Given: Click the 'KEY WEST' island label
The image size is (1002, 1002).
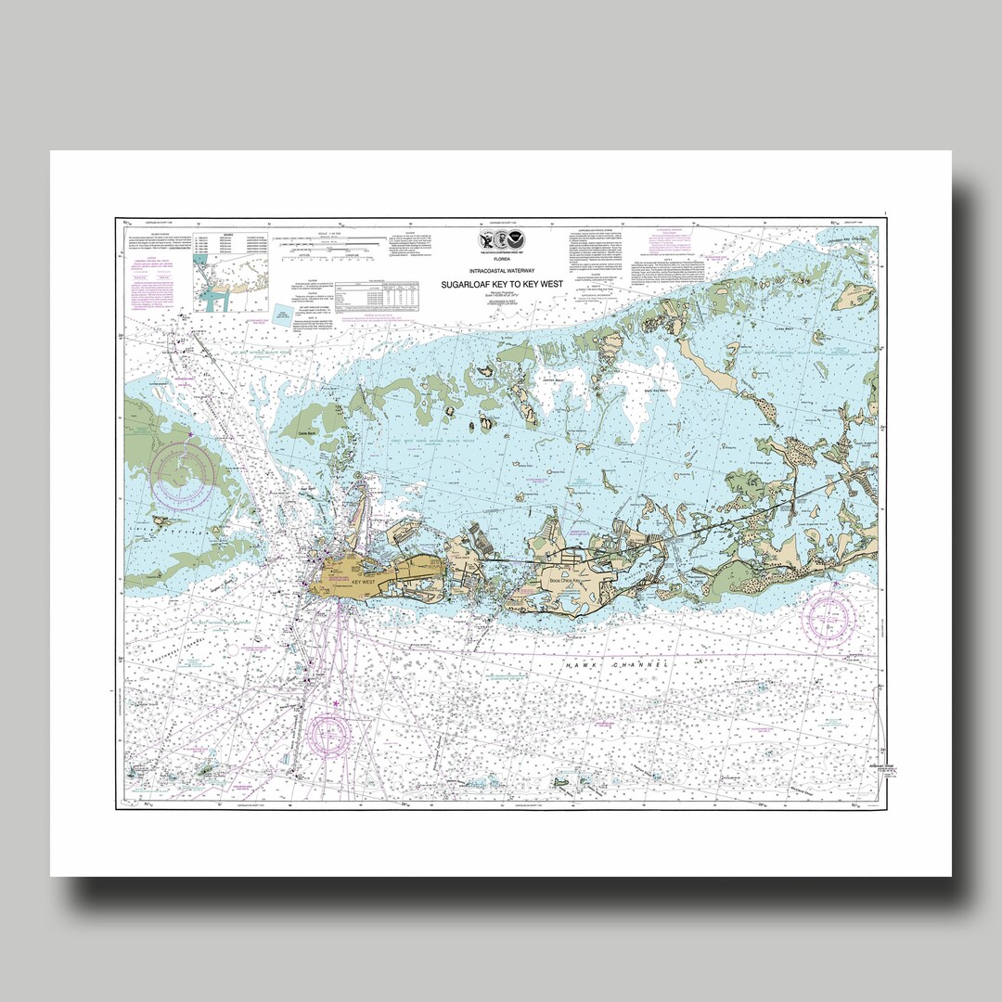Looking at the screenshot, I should click(365, 582).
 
